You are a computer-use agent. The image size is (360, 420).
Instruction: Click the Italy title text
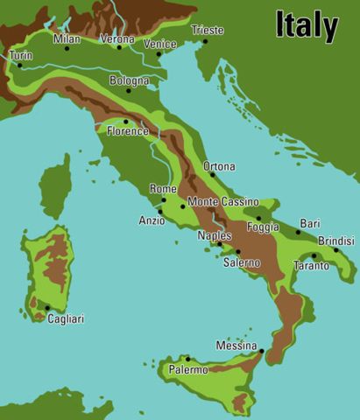coord(307,25)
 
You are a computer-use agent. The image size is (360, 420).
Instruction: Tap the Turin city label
coord(21,55)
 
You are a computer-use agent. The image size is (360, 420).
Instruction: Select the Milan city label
coord(67,38)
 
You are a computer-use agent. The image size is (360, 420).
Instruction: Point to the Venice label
coord(159,44)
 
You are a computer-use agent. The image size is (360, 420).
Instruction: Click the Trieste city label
coord(208,30)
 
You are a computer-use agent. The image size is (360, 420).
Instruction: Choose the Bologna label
coord(129,80)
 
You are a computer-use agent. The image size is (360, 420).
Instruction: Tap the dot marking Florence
coord(126,122)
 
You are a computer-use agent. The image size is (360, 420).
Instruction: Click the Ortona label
coord(219,165)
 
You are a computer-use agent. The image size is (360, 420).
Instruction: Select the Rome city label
coord(163,188)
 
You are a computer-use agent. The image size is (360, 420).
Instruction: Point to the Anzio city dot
coord(159,212)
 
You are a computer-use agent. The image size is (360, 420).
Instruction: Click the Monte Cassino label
coord(223,201)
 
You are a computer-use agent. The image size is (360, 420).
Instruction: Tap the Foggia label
coord(264,227)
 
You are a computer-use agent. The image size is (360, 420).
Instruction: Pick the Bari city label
coord(310,223)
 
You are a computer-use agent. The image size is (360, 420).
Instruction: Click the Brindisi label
coord(336,240)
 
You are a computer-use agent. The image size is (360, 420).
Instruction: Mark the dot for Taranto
coord(314,256)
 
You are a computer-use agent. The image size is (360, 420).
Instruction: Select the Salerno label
coord(241,262)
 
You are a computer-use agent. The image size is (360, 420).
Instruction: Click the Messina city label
coord(236,346)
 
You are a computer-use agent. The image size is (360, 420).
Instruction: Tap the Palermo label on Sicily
coord(188,370)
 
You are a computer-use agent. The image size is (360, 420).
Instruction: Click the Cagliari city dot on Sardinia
coord(47,307)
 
